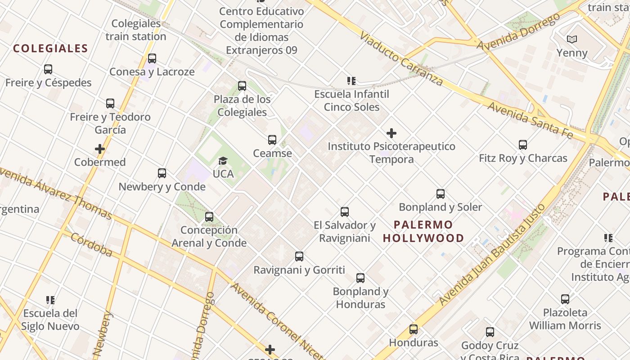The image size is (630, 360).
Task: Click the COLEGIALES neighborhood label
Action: [x=50, y=49]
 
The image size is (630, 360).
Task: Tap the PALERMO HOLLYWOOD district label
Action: [x=423, y=231]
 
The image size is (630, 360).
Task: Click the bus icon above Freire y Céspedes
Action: [x=48, y=69]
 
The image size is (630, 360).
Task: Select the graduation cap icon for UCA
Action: [x=223, y=161]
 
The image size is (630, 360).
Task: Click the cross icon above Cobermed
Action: [x=100, y=149]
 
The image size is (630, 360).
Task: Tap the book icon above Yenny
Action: [x=572, y=40]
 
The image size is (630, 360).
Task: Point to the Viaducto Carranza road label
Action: [x=401, y=58]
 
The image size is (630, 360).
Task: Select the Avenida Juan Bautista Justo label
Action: [x=492, y=254]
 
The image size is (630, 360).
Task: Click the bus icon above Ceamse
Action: [x=272, y=140]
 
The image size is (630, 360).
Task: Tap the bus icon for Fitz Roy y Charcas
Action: [x=523, y=145]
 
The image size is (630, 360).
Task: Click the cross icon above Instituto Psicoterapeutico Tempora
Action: [x=391, y=133]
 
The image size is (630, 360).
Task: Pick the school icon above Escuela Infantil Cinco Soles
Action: [x=351, y=81]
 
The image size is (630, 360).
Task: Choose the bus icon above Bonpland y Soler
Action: [x=441, y=194]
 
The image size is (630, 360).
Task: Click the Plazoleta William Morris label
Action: [x=565, y=319]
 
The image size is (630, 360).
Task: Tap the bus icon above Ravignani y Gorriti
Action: [x=299, y=256]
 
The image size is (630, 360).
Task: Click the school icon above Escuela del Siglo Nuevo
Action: [x=50, y=300]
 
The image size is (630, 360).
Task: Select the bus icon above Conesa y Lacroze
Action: [x=152, y=58]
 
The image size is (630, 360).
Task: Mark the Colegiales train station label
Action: [x=136, y=30]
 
